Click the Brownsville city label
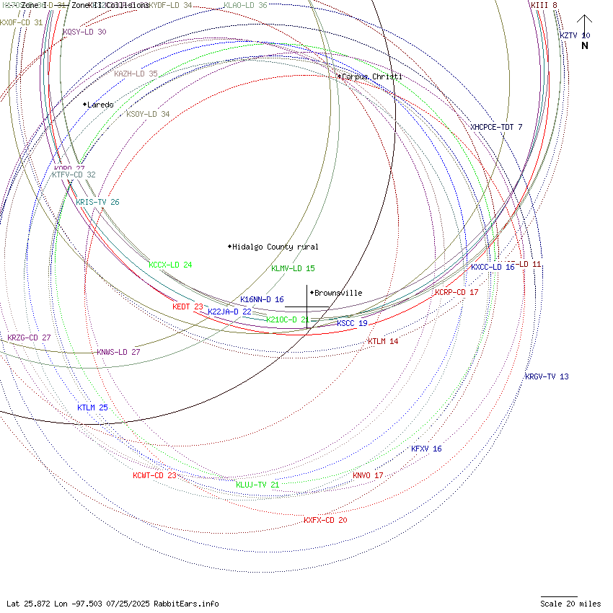pyautogui.click(x=338, y=293)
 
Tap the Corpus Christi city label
pyautogui.click(x=371, y=76)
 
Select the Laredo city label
pyautogui.click(x=100, y=105)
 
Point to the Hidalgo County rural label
pyautogui.click(x=275, y=247)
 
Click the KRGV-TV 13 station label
pyautogui.click(x=546, y=376)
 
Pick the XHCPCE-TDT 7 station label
pyautogui.click(x=496, y=127)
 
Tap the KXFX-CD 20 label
pyautogui.click(x=325, y=520)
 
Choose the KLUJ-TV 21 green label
pyautogui.click(x=257, y=485)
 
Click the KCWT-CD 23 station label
pyautogui.click(x=154, y=475)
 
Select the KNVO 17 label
pyautogui.click(x=368, y=475)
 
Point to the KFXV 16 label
pyautogui.click(x=426, y=449)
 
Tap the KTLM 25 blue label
pyautogui.click(x=92, y=407)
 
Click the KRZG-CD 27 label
pyautogui.click(x=29, y=338)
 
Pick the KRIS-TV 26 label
pyautogui.click(x=97, y=202)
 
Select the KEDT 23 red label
pyautogui.click(x=188, y=306)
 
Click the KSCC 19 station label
pyautogui.click(x=352, y=323)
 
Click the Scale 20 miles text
pyautogui.click(x=570, y=604)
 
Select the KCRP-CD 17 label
pyautogui.click(x=457, y=292)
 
